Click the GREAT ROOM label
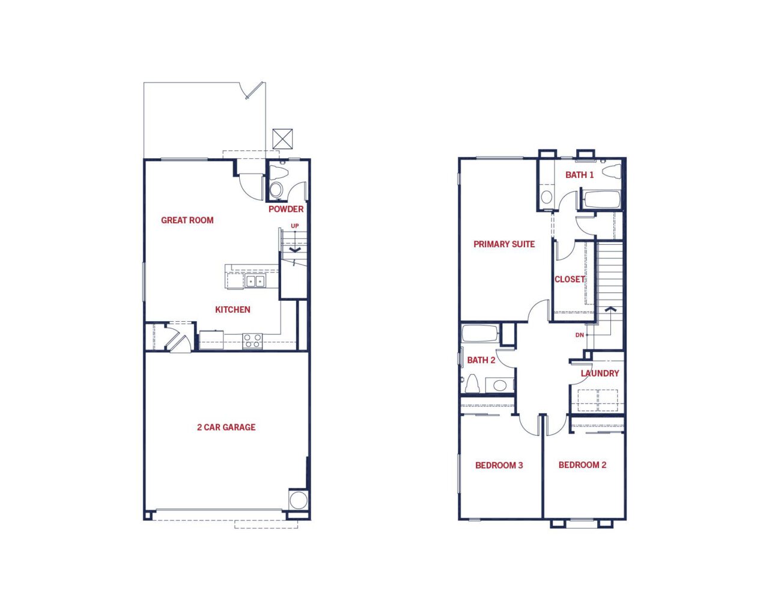(x=187, y=220)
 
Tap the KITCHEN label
(x=233, y=310)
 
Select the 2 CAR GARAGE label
(x=226, y=427)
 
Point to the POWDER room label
(x=286, y=209)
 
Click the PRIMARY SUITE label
(x=504, y=244)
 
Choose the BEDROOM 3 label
(x=499, y=466)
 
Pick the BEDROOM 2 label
(x=583, y=465)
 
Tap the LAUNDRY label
(x=600, y=374)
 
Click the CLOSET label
(x=570, y=279)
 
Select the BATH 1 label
(x=580, y=175)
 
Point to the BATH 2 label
(x=481, y=360)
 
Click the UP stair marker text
(x=295, y=226)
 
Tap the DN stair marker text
(x=580, y=335)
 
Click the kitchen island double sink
(x=255, y=282)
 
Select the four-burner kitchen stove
(x=252, y=341)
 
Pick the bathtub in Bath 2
(x=480, y=333)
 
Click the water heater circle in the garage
(x=299, y=500)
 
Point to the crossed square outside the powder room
(x=282, y=139)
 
